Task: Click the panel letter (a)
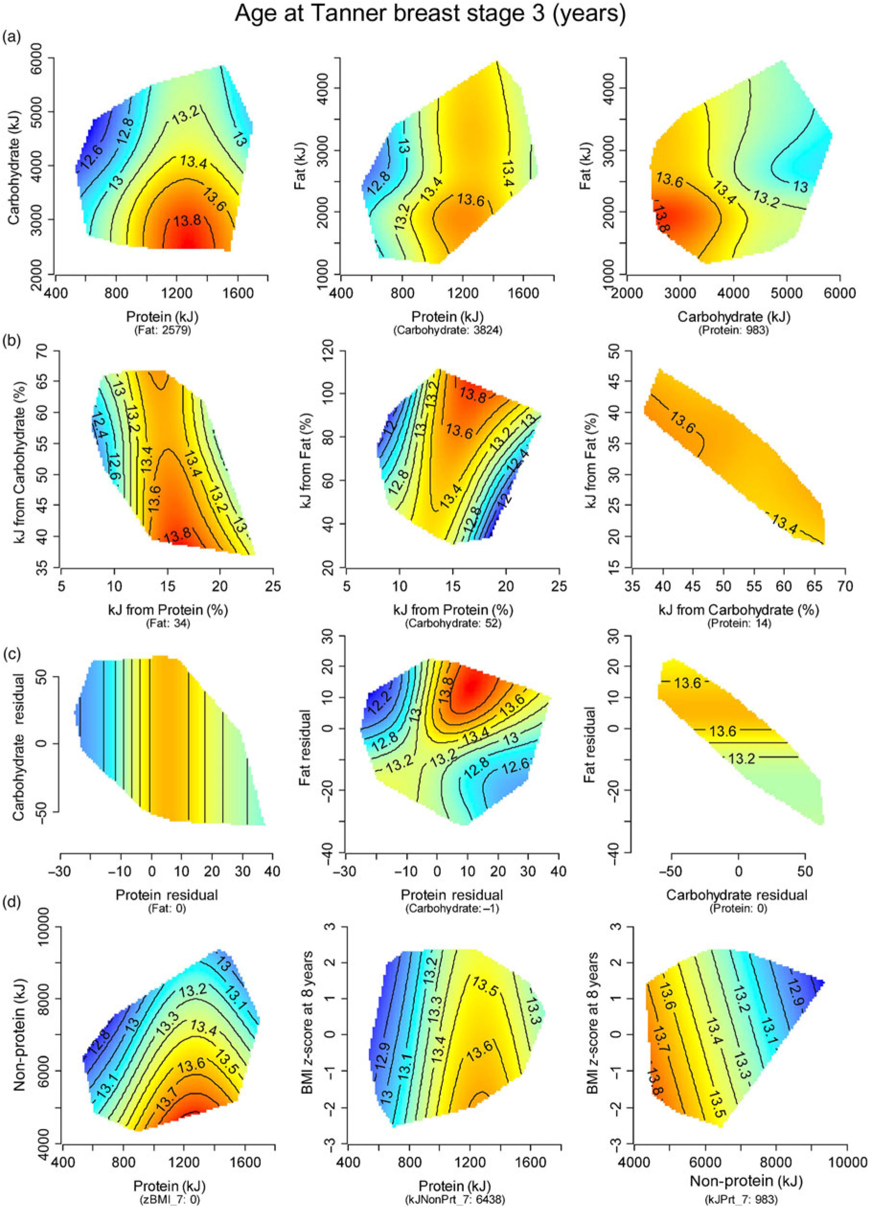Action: click(11, 37)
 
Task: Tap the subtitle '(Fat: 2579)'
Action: click(161, 330)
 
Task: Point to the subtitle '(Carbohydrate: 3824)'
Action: click(448, 330)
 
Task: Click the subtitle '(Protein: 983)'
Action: click(733, 330)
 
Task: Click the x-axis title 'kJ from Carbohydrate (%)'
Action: click(738, 609)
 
